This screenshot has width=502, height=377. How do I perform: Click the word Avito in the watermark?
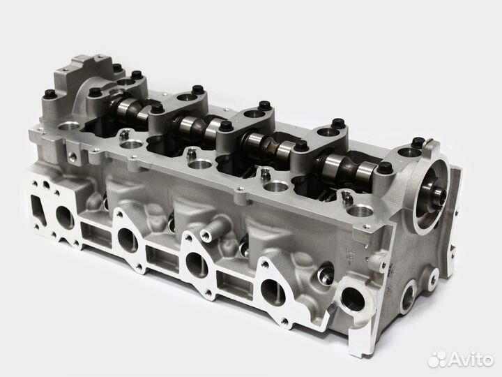coord(471,360)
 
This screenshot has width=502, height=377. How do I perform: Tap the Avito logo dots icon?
coord(436,360)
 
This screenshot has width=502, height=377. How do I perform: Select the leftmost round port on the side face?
coord(65,216)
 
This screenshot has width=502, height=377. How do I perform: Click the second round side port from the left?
coord(128,239)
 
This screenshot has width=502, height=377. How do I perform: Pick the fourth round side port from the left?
coord(273,292)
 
